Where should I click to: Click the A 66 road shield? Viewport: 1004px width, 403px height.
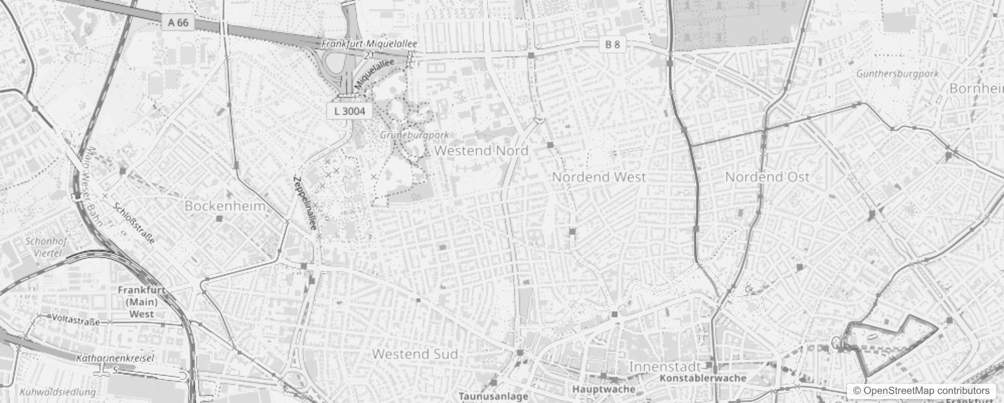click(x=179, y=22)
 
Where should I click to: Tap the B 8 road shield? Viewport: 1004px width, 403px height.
click(x=612, y=44)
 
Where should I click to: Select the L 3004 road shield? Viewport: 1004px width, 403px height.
click(x=350, y=111)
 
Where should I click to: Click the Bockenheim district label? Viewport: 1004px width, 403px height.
click(x=225, y=206)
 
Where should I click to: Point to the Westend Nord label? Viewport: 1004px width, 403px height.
click(x=481, y=150)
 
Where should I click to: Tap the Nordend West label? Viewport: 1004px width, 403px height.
click(x=599, y=177)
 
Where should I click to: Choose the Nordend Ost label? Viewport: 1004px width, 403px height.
click(x=767, y=177)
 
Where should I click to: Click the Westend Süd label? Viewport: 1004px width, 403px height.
click(x=415, y=354)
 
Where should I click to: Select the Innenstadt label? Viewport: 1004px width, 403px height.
click(x=665, y=366)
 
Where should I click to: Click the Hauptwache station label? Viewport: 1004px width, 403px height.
click(x=604, y=389)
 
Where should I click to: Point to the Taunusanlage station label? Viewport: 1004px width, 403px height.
click(x=493, y=396)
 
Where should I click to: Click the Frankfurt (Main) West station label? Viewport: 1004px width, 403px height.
click(x=141, y=302)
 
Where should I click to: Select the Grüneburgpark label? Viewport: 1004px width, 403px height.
click(x=414, y=135)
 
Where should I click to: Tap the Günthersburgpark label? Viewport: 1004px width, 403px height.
click(x=897, y=74)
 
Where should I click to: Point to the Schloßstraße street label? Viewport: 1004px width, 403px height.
click(x=134, y=223)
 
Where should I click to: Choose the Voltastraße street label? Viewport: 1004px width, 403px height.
click(x=76, y=319)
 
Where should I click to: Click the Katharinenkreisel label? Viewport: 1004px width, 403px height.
click(x=115, y=359)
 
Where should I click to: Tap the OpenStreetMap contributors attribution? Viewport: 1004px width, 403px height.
click(x=921, y=391)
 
